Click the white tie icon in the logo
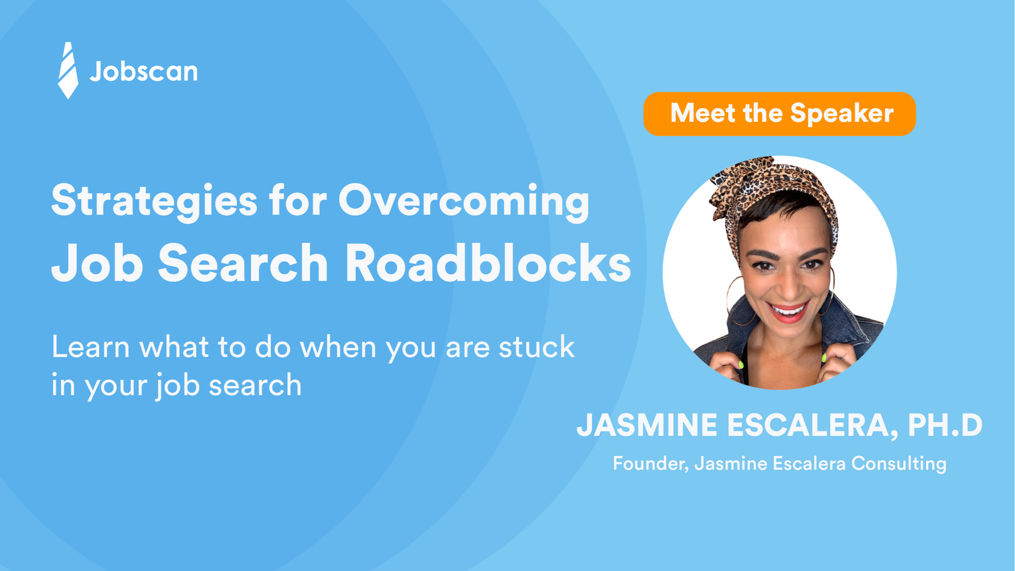coord(68,70)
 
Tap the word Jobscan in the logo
coord(144,71)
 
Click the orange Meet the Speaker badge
coord(779,114)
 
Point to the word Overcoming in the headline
coord(464,201)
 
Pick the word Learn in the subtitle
coord(91,346)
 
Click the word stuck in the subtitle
coord(536,346)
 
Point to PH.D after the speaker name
coord(945,425)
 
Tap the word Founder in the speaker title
coord(650,463)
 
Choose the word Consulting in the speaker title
coord(899,463)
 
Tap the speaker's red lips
coord(789,312)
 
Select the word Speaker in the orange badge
coord(842,114)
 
